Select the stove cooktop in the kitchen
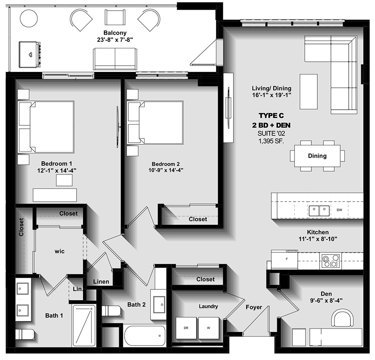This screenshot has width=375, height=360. [x=331, y=260]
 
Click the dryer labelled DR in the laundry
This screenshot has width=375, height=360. [x=186, y=328]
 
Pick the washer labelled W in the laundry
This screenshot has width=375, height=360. [x=208, y=328]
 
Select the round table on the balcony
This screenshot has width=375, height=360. [x=29, y=18]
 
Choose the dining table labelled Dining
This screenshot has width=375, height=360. [x=317, y=156]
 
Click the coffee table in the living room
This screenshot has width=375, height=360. [x=308, y=91]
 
